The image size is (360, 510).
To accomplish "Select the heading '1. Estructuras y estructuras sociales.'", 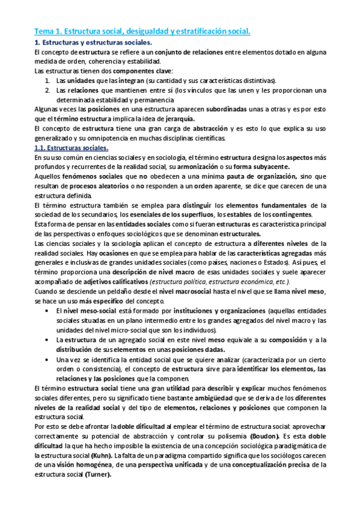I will pyautogui.click(x=93, y=43).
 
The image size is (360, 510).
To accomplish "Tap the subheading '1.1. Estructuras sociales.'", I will pyautogui.click(x=72, y=148).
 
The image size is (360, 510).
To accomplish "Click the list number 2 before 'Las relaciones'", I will pyautogui.click(x=48, y=90).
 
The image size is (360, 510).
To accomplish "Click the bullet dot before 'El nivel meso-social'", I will pyautogui.click(x=48, y=311).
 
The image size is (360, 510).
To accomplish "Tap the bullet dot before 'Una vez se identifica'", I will pyautogui.click(x=48, y=359).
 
